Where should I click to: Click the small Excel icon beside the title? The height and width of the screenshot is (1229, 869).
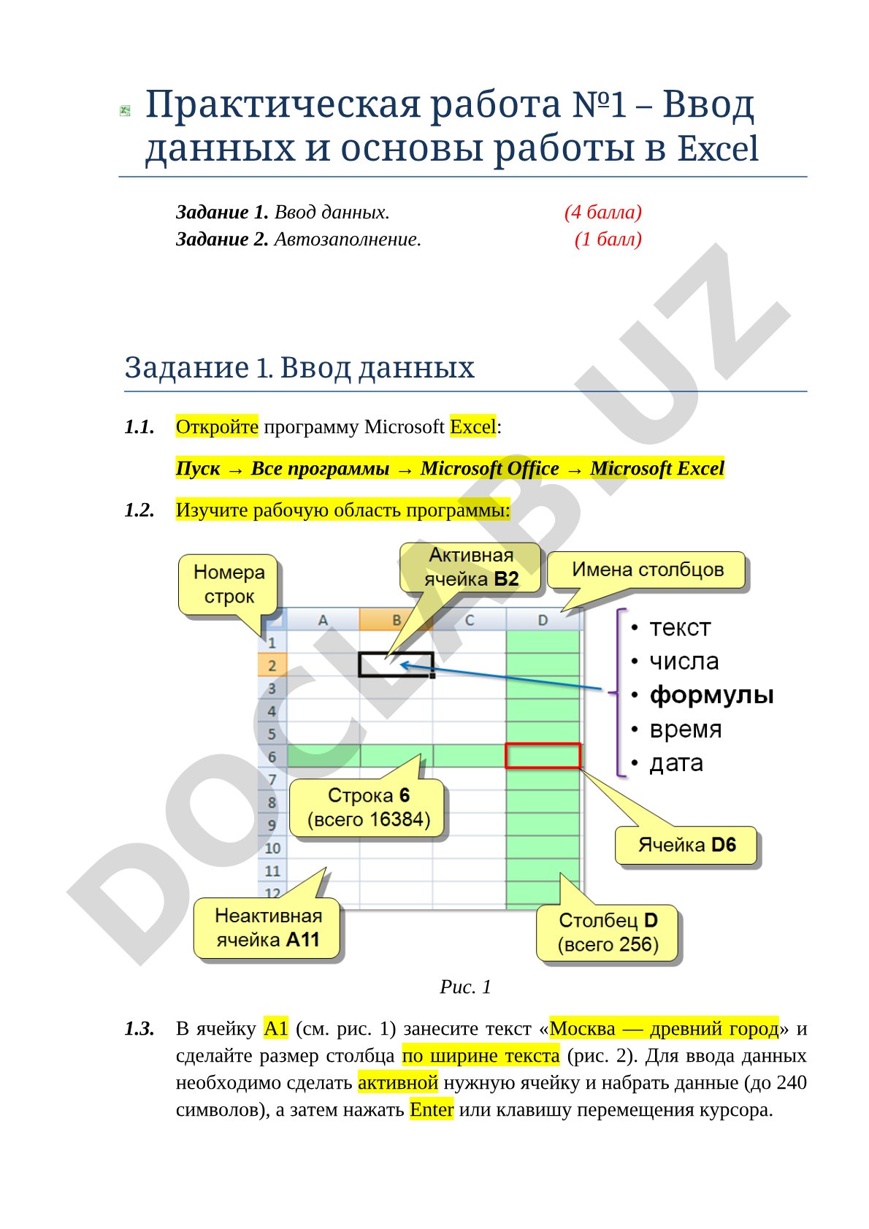pos(125,111)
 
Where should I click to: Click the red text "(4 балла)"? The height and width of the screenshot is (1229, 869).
pos(602,212)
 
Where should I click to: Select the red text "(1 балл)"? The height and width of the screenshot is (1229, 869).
pos(608,240)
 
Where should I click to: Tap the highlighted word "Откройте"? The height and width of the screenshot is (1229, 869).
pos(217,426)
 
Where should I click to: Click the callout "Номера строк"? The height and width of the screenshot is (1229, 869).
pos(229,585)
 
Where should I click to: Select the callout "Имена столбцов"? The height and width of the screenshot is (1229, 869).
pos(647,570)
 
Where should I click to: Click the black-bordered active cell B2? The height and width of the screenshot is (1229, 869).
pos(396,665)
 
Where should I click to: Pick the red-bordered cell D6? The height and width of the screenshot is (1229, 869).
pos(543,756)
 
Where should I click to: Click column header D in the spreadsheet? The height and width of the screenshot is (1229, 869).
pos(543,620)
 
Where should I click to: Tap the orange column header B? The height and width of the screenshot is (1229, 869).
pos(396,620)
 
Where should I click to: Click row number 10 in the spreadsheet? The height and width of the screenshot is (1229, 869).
pos(272,849)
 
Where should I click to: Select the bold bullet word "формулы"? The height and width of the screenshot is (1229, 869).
pos(711,694)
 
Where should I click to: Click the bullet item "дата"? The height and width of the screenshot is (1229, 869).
pos(676,762)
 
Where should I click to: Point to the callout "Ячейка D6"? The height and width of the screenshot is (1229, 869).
pos(686,845)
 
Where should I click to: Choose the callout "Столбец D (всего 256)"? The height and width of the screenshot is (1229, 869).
pos(608,933)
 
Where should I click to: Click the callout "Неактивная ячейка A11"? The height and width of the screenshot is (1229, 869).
pos(267,928)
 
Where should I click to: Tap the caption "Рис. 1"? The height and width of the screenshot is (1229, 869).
pos(465,987)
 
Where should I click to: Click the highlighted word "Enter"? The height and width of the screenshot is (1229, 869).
pos(432,1109)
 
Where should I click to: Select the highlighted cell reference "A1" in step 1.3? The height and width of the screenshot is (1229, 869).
pos(276,1028)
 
